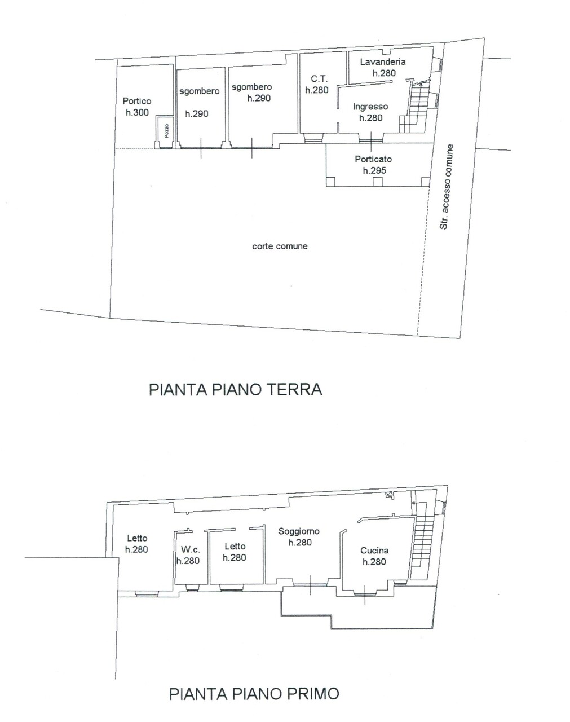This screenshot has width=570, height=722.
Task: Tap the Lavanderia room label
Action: coord(383,61)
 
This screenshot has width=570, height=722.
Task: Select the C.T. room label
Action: coord(319,79)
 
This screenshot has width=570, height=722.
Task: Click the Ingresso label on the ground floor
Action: coord(370,107)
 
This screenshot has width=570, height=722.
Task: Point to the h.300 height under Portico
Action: coord(137,112)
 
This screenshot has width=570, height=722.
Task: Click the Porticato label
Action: coord(373,159)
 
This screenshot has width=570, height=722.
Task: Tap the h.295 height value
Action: coord(374,170)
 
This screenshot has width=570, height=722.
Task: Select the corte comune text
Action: coord(280,246)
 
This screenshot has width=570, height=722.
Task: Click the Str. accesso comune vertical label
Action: coord(447,187)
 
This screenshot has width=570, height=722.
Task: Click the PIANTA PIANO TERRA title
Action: coord(235,390)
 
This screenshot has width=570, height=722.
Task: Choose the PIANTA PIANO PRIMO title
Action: coord(254,694)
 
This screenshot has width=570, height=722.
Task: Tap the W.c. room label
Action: coord(191,550)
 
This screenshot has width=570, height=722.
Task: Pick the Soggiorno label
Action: coord(299,531)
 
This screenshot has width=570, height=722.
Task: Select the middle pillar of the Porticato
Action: coord(378,182)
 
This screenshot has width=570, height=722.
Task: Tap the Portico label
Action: coord(137,101)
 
